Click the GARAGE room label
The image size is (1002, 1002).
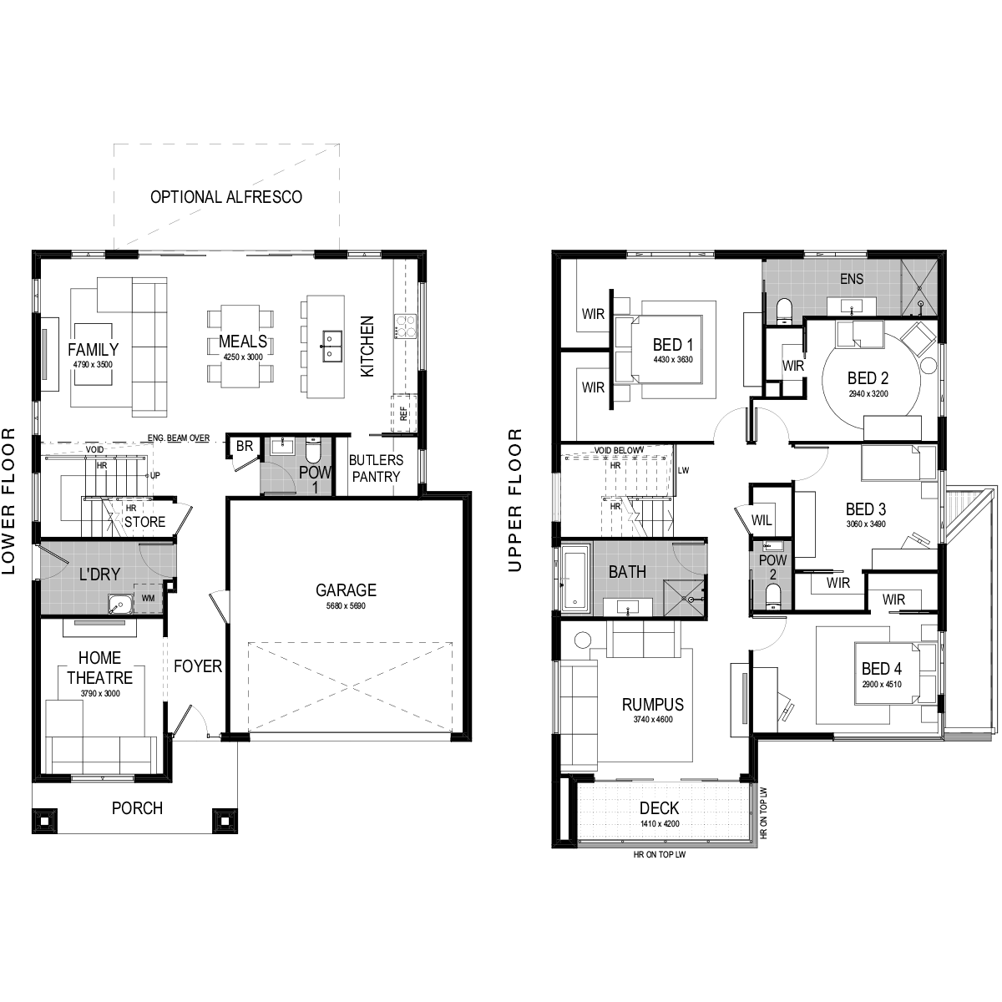click(x=346, y=590)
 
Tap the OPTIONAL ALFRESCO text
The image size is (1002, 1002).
click(x=226, y=197)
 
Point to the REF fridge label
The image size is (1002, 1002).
click(x=403, y=414)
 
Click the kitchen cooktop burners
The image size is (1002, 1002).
click(x=405, y=326)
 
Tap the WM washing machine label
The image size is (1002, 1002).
click(x=148, y=598)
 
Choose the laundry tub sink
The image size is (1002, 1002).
click(x=120, y=605)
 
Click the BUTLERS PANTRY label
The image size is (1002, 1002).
click(x=376, y=468)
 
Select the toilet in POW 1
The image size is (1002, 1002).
click(x=313, y=450)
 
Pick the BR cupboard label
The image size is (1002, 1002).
click(x=245, y=446)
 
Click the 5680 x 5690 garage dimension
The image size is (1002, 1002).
click(x=346, y=605)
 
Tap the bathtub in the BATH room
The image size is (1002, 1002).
click(x=575, y=576)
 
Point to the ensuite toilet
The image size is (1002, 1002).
click(x=783, y=312)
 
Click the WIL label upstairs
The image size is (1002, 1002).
click(x=762, y=520)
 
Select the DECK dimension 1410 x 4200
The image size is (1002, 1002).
click(x=660, y=823)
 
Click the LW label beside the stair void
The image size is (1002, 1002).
click(x=683, y=471)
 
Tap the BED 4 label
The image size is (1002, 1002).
click(x=882, y=669)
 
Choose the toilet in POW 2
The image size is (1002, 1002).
click(x=773, y=597)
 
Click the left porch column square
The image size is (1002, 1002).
click(x=45, y=821)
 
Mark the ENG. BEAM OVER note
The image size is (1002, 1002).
click(x=179, y=438)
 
